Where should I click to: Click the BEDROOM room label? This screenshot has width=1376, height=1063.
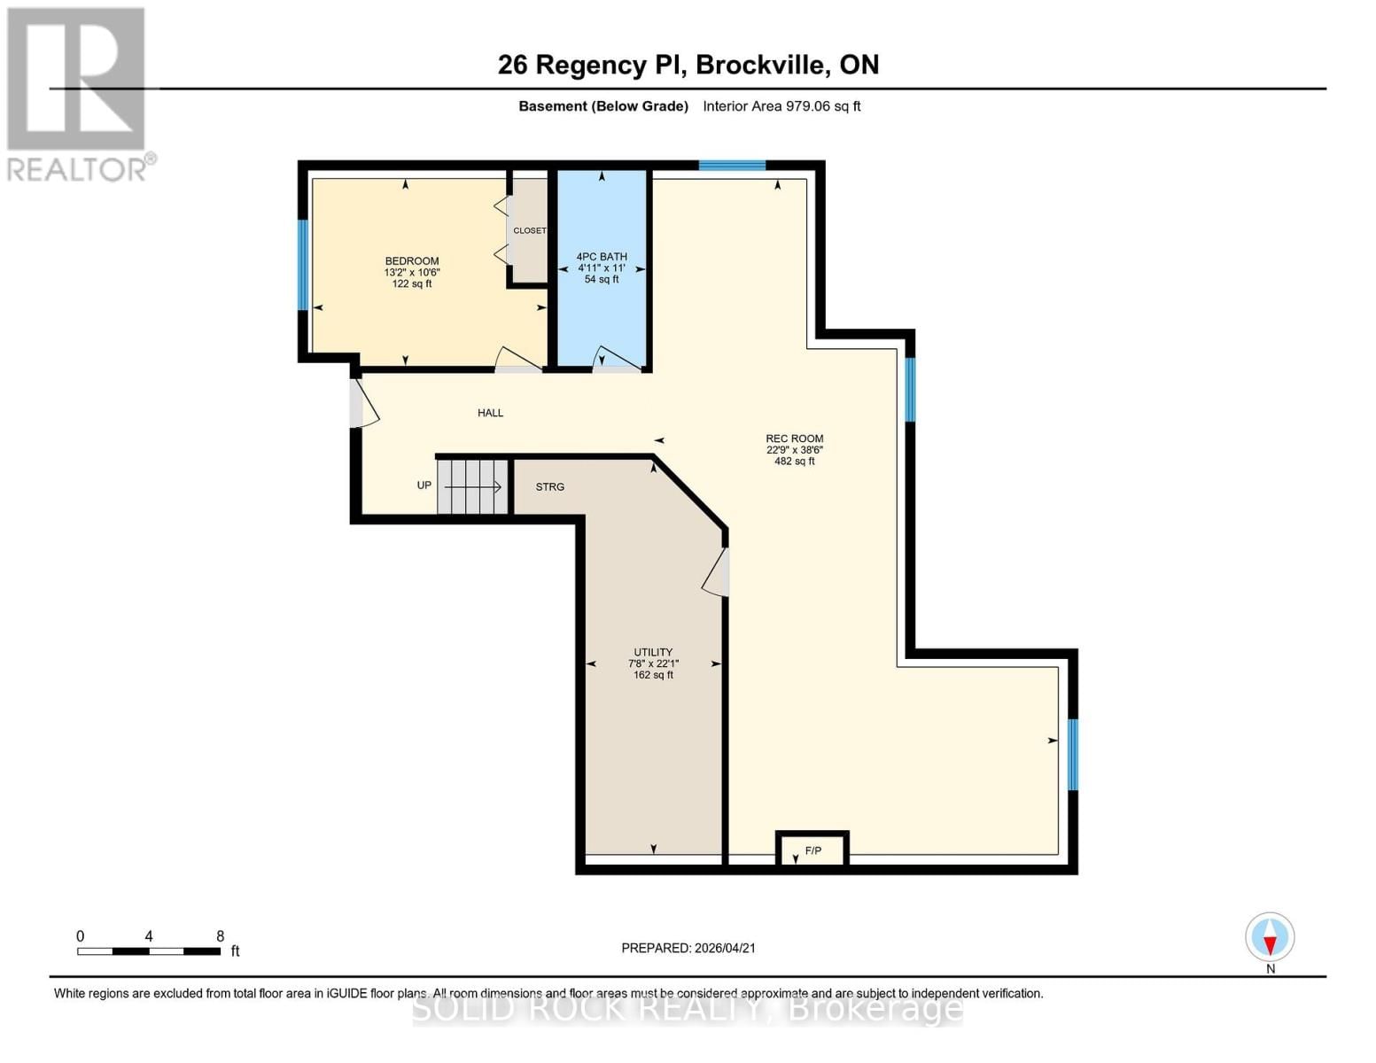point(412,261)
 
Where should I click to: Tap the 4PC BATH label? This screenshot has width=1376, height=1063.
point(602,257)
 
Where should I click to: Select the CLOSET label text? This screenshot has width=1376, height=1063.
point(530,230)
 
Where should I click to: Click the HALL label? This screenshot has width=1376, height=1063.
point(490,413)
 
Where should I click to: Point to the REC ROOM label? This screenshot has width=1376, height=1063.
point(794,438)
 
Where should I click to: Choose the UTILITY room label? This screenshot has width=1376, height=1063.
point(653,652)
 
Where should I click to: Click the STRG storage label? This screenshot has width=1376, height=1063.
point(549,487)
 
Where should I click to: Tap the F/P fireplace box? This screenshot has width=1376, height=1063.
point(812,850)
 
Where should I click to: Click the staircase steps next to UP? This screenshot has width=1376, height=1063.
point(473,486)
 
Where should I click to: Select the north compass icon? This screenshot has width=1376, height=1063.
point(1270,937)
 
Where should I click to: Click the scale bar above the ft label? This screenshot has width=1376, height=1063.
point(149,951)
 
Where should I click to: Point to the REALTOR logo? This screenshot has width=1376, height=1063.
point(78,93)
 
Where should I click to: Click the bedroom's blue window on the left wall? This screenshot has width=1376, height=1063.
point(303,264)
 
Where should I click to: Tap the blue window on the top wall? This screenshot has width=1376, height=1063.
point(732,166)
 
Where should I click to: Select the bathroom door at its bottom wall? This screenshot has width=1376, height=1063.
point(618,359)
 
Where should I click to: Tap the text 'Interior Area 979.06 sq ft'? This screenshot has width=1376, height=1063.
point(781,106)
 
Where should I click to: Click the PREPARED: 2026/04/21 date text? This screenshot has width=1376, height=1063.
point(688,948)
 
